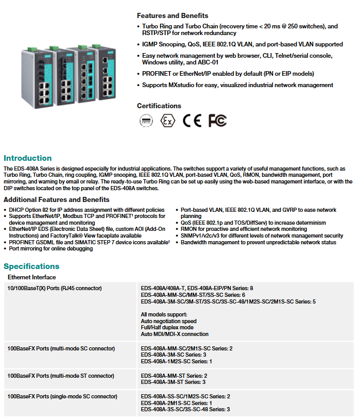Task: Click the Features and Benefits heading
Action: pyautogui.click(x=173, y=15)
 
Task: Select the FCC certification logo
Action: pyautogui.click(x=217, y=121)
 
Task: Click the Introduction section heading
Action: pyautogui.click(x=28, y=158)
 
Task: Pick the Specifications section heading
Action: pyautogui.click(x=31, y=266)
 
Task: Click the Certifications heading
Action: pyautogui.click(x=159, y=106)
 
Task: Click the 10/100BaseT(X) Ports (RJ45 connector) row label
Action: pyautogui.click(x=54, y=288)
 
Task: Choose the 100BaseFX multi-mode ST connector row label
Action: pyautogui.click(x=61, y=376)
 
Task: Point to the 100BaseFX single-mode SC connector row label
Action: pyautogui.click(x=62, y=396)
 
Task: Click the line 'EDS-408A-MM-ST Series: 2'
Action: pyautogui.click(x=174, y=376)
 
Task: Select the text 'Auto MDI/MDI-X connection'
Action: pyautogui.click(x=175, y=334)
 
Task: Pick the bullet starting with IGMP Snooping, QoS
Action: pyautogui.click(x=242, y=44)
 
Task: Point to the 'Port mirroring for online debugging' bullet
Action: pyautogui.click(x=51, y=248)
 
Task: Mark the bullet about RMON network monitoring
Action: pyautogui.click(x=244, y=229)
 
